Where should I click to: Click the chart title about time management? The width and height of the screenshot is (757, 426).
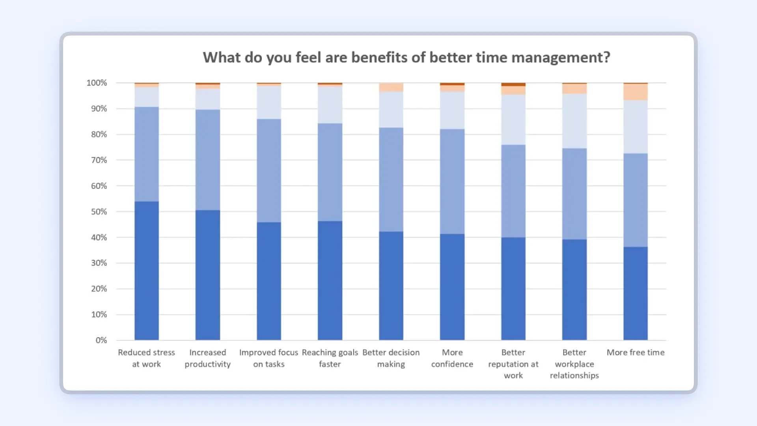pos(406,58)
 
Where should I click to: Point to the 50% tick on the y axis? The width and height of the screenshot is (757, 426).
pos(99,212)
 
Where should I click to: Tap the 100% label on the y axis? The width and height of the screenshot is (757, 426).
pos(97,83)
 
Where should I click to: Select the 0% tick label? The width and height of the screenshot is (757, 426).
pos(101,340)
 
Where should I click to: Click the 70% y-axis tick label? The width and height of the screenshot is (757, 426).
pos(99,160)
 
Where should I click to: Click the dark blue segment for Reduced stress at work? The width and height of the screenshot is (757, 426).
pos(147,271)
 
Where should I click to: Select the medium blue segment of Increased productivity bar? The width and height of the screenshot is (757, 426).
pos(208,160)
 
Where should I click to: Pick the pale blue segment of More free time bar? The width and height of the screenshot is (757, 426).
pos(635,127)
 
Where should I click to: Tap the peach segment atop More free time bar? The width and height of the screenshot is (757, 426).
pos(635,92)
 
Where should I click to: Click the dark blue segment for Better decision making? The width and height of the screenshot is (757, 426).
pos(391,286)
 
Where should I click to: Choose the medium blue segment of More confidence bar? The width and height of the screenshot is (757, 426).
pos(452,181)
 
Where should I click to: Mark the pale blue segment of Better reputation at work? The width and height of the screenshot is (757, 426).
pos(513,120)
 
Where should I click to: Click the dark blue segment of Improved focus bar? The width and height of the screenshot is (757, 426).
pos(269,281)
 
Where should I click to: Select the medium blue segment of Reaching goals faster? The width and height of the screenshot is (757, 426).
pos(330,172)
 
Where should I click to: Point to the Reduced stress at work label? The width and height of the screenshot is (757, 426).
pos(146,358)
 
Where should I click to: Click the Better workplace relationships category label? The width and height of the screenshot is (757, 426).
pos(574,364)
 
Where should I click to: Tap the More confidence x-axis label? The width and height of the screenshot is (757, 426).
pos(452,358)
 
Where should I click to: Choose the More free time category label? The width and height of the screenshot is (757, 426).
pos(635,353)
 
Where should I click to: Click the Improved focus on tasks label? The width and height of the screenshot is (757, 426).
pos(269,358)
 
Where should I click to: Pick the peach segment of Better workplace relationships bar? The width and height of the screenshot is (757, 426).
pos(574,89)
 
